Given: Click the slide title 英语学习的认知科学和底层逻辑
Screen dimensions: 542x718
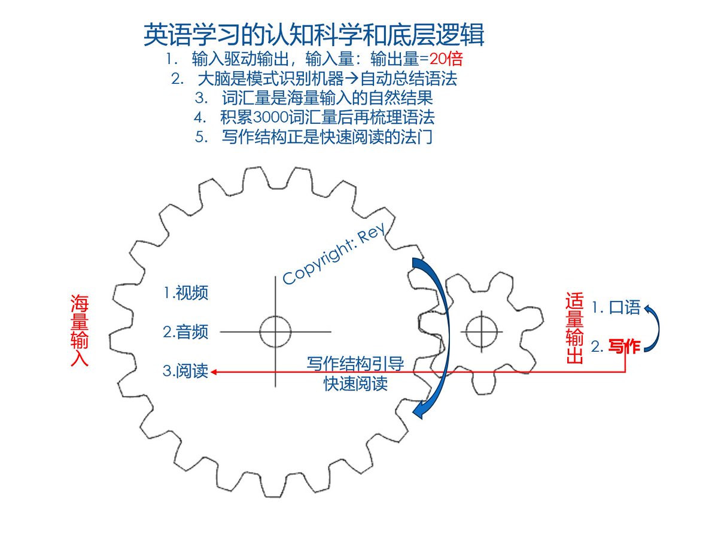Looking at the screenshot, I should pyautogui.click(x=314, y=35).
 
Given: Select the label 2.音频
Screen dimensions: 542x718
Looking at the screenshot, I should pyautogui.click(x=185, y=331).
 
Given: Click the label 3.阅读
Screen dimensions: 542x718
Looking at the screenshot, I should pyautogui.click(x=185, y=371).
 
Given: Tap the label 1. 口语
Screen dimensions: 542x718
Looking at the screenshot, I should pyautogui.click(x=616, y=308).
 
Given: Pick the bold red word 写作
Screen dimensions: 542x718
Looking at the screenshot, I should pyautogui.click(x=625, y=346).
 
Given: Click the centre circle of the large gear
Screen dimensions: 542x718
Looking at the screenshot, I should pyautogui.click(x=275, y=330).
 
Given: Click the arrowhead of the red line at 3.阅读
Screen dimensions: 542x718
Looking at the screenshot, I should pyautogui.click(x=214, y=372).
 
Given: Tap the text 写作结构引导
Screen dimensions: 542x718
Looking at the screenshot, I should pyautogui.click(x=355, y=364).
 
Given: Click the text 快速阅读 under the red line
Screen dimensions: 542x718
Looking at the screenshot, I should pyautogui.click(x=355, y=383).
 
